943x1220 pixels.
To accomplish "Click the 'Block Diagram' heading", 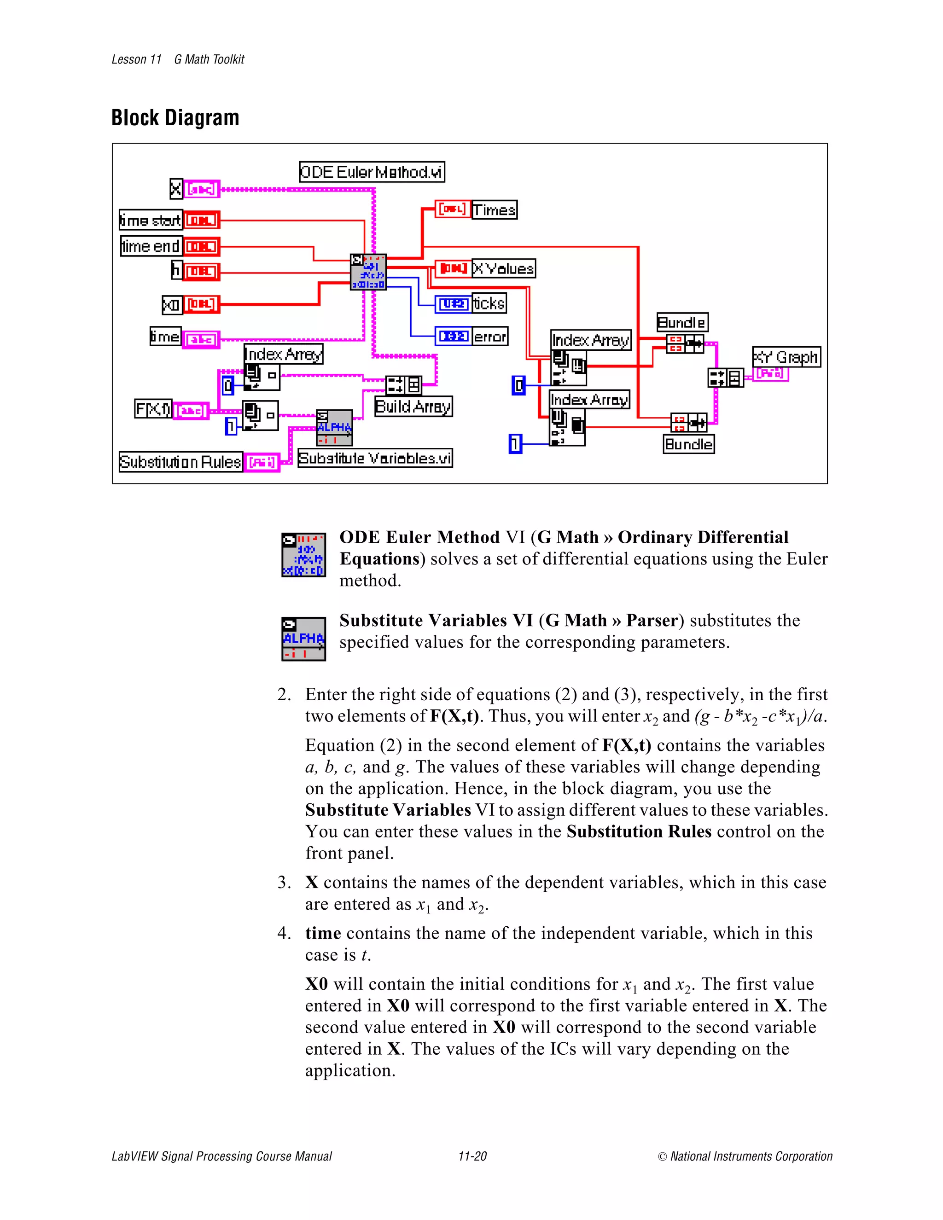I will [175, 118].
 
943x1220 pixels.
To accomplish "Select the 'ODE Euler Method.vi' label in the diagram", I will [372, 172].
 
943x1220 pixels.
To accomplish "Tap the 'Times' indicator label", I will [494, 210].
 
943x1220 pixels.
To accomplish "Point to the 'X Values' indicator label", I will [503, 269].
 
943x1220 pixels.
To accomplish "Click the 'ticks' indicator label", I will [489, 303].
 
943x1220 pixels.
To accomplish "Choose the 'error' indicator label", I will [490, 336].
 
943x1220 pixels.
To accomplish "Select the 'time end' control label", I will [151, 246].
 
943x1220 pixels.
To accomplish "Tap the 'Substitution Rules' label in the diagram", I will [180, 462].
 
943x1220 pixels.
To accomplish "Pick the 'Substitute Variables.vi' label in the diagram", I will [375, 458].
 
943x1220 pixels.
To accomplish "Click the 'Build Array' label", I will [413, 406].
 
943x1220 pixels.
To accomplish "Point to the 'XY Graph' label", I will [786, 357].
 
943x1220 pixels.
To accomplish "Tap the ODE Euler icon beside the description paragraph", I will [303, 555].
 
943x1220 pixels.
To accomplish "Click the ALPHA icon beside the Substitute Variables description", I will [303, 639].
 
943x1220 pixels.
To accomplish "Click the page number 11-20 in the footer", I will [472, 1156].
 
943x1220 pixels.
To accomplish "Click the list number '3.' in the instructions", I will [284, 882].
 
